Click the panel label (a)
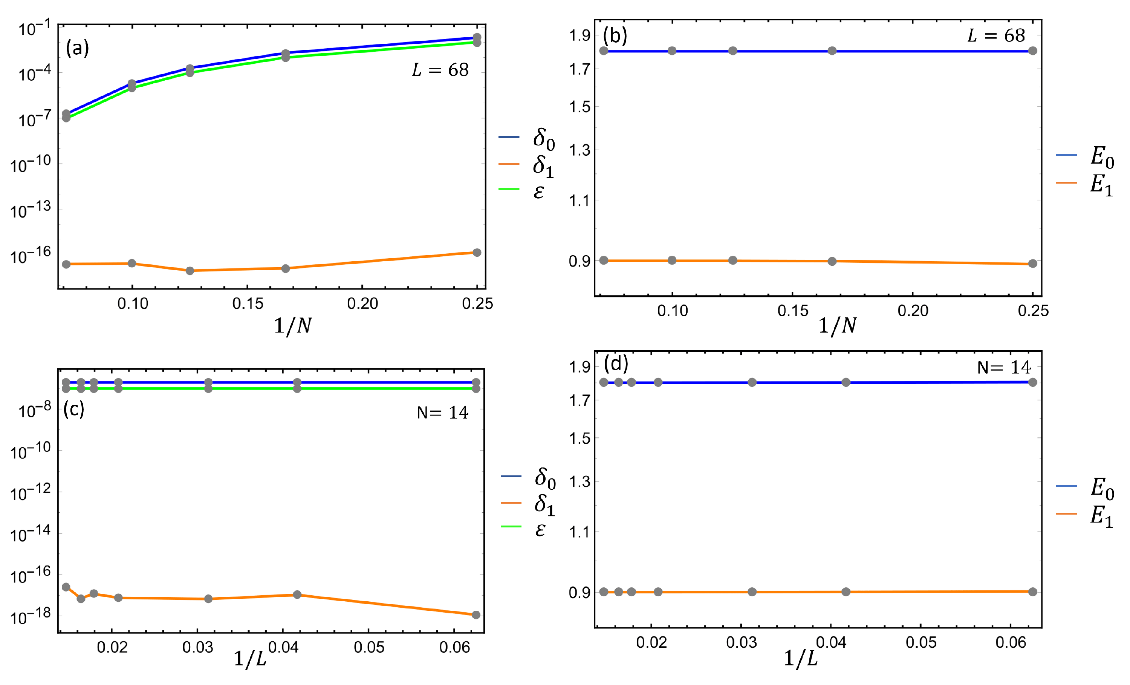(x=77, y=48)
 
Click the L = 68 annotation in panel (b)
(x=996, y=35)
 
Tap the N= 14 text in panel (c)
(x=442, y=412)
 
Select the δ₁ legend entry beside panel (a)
(x=543, y=165)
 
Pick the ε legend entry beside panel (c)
(x=540, y=529)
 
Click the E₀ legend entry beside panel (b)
(x=1102, y=157)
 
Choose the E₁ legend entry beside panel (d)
(x=1102, y=516)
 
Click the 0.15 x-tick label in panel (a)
(x=248, y=304)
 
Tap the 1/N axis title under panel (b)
(x=837, y=326)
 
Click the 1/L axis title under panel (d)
(x=801, y=658)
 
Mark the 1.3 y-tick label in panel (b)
(x=579, y=150)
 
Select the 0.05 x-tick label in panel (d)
(x=921, y=642)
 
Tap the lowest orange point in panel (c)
(x=476, y=615)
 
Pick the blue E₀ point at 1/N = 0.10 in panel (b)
(x=672, y=51)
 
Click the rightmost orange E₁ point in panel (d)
(x=1033, y=592)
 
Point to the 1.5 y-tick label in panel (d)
(x=579, y=438)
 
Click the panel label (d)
(x=616, y=364)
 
